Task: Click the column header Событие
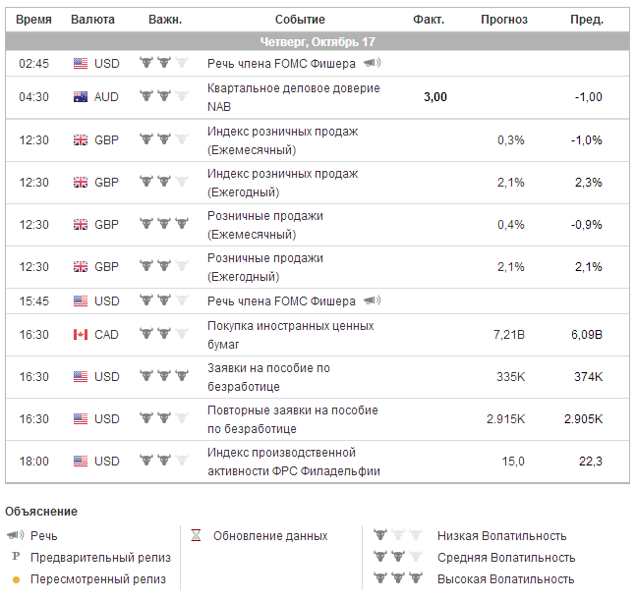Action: coord(300,20)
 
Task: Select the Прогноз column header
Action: coord(503,20)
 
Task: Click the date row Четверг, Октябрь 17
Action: coord(318,42)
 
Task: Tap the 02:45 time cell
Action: coord(33,64)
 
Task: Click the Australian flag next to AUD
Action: coord(81,97)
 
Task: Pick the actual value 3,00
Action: coord(434,97)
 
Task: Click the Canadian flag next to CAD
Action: coord(81,335)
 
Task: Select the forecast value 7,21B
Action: coord(508,335)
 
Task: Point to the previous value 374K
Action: coord(587,377)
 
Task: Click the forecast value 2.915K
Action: coord(505,419)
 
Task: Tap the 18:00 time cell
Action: coord(33,462)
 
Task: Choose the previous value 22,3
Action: coord(590,462)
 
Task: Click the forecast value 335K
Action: coord(510,377)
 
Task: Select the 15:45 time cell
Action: coord(33,301)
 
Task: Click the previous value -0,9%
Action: coord(587,224)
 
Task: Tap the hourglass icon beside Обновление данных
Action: coord(196,536)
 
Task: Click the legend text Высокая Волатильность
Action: coord(505,579)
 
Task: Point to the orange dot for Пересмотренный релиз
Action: coord(16,579)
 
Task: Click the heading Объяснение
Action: coord(41,512)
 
